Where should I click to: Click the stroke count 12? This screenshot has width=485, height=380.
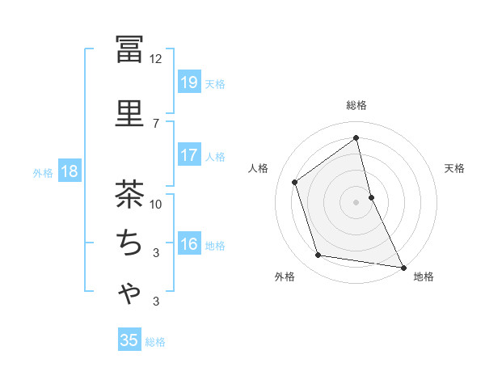coord(156,59)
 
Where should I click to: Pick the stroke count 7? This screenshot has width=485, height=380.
coord(156,123)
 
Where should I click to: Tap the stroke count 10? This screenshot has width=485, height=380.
coord(156,204)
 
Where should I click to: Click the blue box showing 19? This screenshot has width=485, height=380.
coord(188,82)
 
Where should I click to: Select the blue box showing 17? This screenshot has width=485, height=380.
coord(188,155)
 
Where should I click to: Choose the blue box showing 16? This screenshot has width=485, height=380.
coord(188,244)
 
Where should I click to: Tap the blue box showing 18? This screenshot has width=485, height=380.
coord(70,171)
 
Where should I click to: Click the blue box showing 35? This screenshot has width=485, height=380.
coord(129,340)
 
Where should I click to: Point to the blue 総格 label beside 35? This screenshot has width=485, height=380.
coord(155,342)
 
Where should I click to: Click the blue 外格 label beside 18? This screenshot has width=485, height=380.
coord(43,172)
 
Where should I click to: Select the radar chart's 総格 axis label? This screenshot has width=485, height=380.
coord(356,105)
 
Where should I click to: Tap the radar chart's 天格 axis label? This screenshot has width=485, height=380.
coord(455,168)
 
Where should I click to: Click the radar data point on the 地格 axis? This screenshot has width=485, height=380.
coord(403,267)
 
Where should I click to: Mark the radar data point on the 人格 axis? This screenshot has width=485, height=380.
coord(295,182)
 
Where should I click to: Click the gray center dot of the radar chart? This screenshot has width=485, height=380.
coord(356,201)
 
